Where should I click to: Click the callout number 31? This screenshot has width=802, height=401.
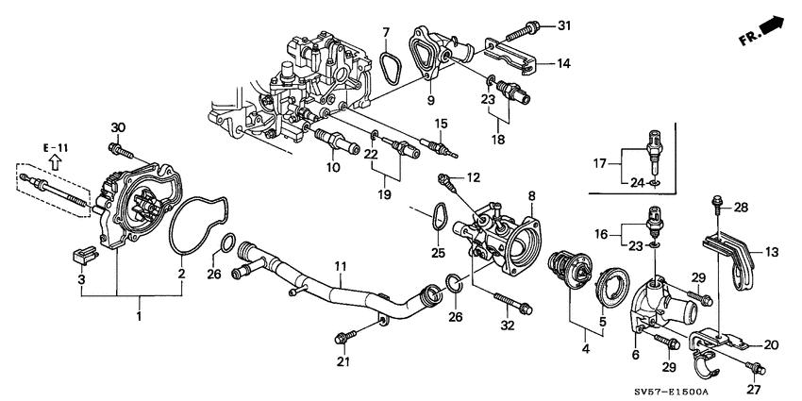[564, 25]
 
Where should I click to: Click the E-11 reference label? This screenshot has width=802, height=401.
[55, 148]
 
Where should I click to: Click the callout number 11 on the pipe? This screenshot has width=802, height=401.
[341, 267]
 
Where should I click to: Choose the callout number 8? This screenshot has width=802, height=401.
[531, 196]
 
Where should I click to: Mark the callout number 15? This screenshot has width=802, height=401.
[439, 125]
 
